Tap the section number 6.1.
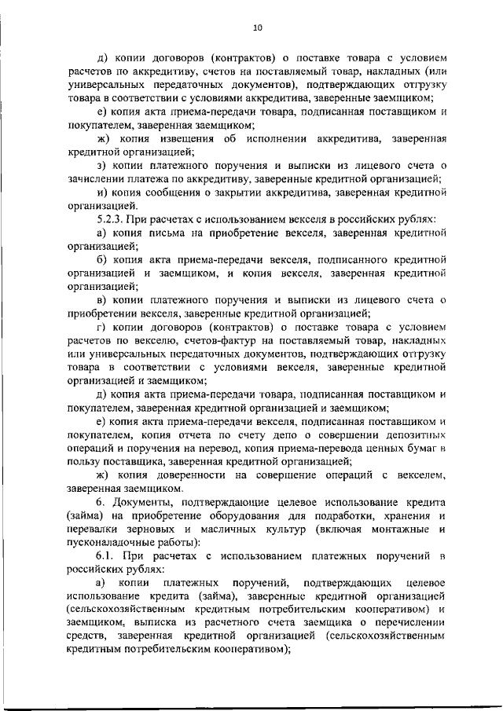[x=105, y=556]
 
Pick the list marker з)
[x=101, y=166]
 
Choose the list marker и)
[x=101, y=192]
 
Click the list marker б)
[x=101, y=259]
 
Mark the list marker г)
[x=101, y=326]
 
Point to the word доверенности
[x=193, y=475]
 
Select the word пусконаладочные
[x=113, y=542]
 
